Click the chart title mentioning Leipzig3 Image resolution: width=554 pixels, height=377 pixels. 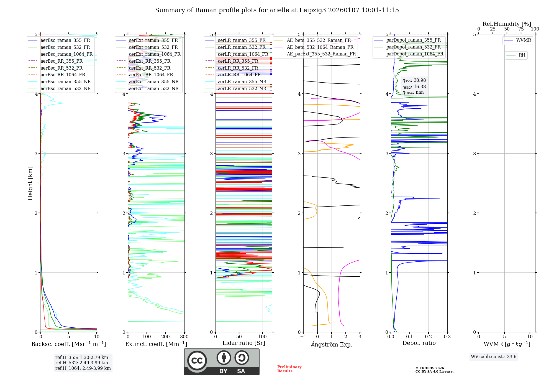[277, 10]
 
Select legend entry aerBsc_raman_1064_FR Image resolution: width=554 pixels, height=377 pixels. [66, 54]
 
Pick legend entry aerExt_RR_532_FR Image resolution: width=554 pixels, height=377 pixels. [150, 68]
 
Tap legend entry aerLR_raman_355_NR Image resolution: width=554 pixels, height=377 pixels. [242, 81]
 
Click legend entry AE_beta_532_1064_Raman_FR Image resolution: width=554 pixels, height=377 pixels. [320, 47]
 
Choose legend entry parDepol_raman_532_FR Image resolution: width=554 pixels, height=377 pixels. [413, 47]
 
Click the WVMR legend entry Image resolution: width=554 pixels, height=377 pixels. [523, 40]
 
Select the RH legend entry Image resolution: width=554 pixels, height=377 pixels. [522, 55]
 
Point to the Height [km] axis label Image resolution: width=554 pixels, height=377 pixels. [30, 183]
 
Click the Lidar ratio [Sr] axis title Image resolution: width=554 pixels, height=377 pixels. [244, 343]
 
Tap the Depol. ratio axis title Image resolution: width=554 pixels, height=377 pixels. [419, 343]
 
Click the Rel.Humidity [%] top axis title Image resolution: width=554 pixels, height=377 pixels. [507, 24]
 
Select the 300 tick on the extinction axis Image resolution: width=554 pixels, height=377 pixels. [184, 337]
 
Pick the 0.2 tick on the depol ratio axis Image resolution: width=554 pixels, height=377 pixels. [429, 337]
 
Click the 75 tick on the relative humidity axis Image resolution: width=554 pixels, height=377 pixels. [521, 29]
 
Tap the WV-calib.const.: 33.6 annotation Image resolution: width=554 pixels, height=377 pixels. [493, 357]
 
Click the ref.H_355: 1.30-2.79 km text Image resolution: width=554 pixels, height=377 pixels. [81, 357]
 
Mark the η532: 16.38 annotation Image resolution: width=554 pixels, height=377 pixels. [414, 87]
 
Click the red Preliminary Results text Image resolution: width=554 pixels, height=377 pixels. [289, 369]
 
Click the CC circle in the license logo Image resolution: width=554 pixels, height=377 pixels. [197, 360]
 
